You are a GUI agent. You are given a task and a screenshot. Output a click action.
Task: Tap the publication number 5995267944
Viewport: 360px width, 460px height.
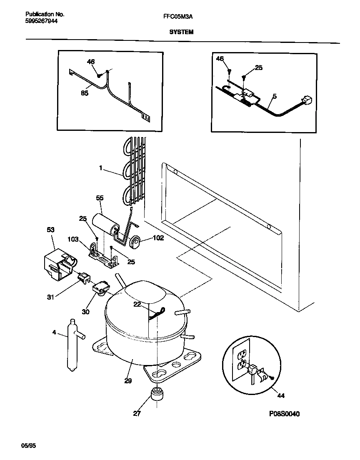point(38,20)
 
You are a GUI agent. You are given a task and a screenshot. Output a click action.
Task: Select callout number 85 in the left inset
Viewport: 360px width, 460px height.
point(85,94)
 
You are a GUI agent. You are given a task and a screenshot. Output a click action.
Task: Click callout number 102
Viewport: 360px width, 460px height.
point(158,239)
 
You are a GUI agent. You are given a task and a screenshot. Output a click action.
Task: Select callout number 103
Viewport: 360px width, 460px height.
point(73,240)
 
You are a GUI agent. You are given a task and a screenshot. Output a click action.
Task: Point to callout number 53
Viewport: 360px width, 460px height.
point(50,230)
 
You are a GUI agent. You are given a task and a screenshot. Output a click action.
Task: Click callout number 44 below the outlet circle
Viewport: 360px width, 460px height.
point(281,395)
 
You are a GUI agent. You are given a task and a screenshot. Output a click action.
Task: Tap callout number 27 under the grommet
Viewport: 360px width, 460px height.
point(137,414)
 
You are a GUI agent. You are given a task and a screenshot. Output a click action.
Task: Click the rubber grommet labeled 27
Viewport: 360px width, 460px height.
point(157,393)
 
